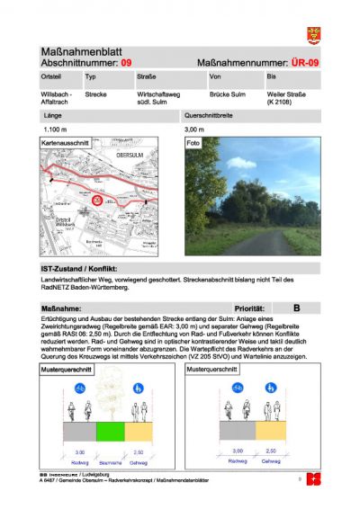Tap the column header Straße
pyautogui.click(x=147, y=79)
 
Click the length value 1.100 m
pyautogui.click(x=56, y=129)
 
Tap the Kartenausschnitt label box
pyautogui.click(x=65, y=142)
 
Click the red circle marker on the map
pyautogui.click(x=97, y=200)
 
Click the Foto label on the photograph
pyautogui.click(x=193, y=142)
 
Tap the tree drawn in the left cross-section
pyautogui.click(x=109, y=391)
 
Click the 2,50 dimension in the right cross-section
pyautogui.click(x=269, y=451)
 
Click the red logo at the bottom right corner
pyautogui.click(x=312, y=479)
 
